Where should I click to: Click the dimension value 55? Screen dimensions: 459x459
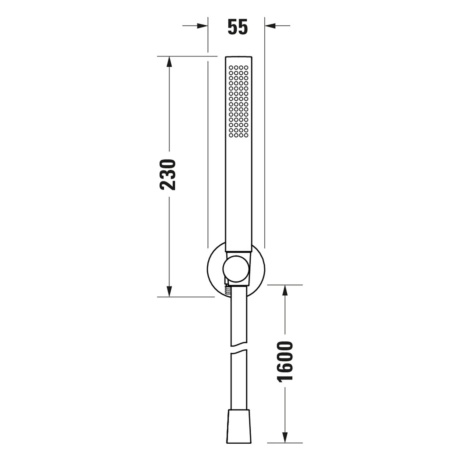point(238,27)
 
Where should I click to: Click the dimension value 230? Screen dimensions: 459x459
point(168,174)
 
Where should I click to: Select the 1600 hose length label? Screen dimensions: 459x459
point(285,361)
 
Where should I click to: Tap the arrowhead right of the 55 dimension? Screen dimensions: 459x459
point(271,26)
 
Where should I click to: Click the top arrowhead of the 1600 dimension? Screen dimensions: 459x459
point(285,291)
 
